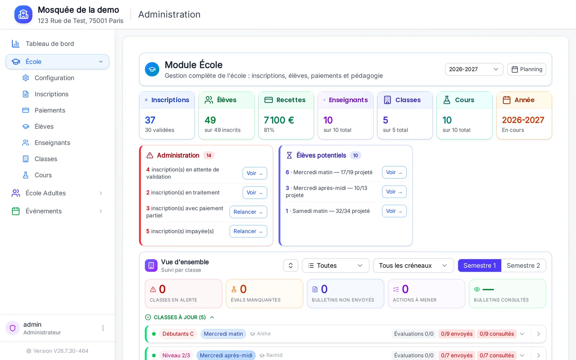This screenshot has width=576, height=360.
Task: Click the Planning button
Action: click(526, 69)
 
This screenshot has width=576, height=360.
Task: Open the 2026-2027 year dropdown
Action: click(474, 69)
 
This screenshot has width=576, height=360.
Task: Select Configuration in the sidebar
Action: click(54, 78)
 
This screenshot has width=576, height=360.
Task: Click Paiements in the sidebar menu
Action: click(50, 110)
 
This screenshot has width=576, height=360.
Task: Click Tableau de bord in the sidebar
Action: click(50, 44)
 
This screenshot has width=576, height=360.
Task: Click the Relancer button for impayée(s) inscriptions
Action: click(248, 231)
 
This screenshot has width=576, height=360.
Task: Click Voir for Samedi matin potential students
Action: click(394, 211)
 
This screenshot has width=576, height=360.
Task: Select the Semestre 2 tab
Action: click(523, 265)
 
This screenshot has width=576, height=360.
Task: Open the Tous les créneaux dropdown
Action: click(413, 265)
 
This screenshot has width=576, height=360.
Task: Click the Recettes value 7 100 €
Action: click(279, 120)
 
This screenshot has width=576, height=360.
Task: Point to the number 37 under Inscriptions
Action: click(150, 120)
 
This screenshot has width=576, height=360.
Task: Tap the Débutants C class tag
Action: click(178, 334)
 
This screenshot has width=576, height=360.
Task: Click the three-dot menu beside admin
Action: click(103, 328)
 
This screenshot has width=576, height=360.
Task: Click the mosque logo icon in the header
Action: click(23, 14)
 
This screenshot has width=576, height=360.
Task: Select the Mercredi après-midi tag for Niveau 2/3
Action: click(226, 355)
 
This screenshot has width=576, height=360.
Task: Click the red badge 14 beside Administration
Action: click(209, 155)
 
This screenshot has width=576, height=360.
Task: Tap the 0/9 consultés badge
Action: click(496, 334)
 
